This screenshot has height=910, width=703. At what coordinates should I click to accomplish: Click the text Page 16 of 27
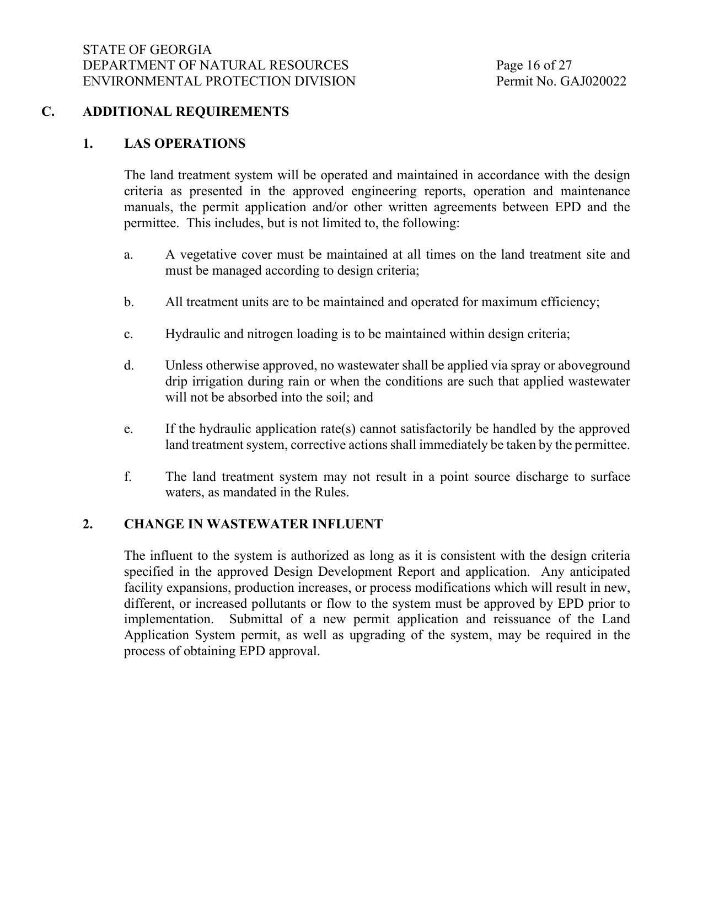pos(534,66)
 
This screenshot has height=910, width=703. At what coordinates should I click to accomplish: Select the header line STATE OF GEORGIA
pos(147,50)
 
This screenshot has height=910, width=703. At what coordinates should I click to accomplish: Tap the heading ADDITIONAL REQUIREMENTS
pos(186,112)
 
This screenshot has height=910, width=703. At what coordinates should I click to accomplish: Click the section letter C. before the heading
pos(48,112)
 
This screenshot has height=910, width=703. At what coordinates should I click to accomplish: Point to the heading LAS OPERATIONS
pos(185,144)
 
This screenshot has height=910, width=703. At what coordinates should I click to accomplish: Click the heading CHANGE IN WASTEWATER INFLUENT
pos(253,524)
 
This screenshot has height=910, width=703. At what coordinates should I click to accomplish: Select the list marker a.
pos(128,255)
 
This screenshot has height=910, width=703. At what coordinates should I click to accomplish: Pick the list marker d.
pos(128,366)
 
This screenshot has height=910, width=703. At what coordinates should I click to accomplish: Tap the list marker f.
pos(128,477)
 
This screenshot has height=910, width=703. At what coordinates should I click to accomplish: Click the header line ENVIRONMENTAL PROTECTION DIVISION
pos(219,82)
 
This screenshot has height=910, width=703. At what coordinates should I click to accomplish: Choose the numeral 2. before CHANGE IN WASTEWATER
pos(88,524)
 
